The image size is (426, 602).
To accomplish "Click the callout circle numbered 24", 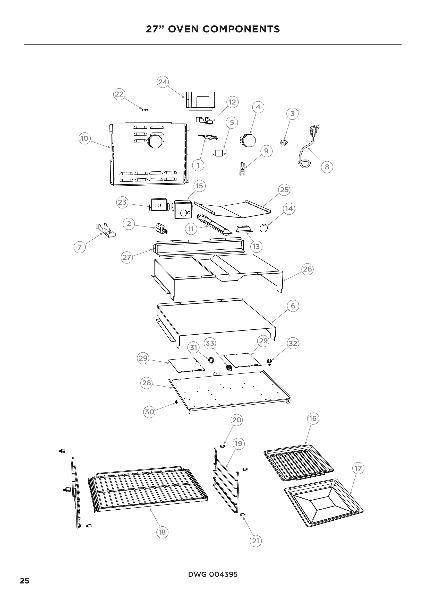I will click(163, 82).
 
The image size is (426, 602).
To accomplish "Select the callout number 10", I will click(84, 138).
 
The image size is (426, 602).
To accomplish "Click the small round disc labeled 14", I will click(264, 228).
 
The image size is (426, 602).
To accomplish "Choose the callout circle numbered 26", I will click(307, 269).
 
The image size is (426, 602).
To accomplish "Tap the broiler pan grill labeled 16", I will click(299, 462).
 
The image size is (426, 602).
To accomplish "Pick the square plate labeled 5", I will click(219, 154).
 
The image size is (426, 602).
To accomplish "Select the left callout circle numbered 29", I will click(143, 358).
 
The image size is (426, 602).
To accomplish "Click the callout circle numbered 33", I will click(210, 343).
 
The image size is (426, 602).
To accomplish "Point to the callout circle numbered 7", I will click(80, 247).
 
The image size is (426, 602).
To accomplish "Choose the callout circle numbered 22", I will click(119, 94).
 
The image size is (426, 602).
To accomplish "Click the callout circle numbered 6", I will click(293, 306).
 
